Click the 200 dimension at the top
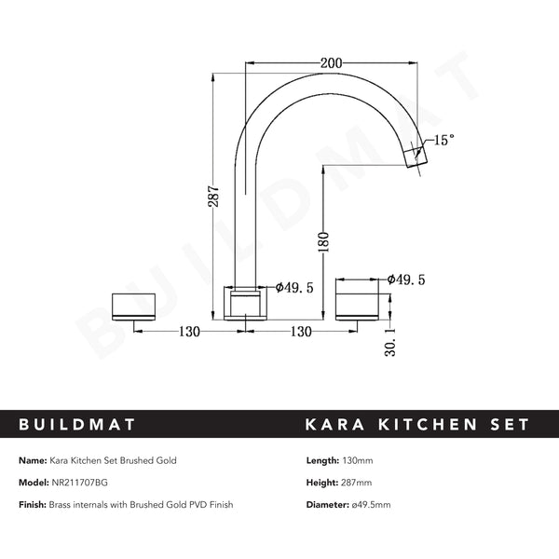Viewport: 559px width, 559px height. click(330, 63)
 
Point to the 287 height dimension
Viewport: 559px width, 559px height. click(214, 198)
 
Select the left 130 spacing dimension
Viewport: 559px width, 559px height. click(189, 332)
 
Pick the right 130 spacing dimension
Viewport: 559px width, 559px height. click(300, 332)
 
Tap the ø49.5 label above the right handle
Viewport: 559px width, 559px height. click(407, 279)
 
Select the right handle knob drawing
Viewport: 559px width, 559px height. click(359, 306)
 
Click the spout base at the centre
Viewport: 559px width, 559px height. click(247, 304)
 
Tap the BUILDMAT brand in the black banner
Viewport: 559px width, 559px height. click(77, 425)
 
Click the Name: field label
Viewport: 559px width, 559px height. click(33, 460)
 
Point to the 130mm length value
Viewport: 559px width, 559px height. click(361, 460)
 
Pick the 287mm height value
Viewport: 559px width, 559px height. click(359, 483)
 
